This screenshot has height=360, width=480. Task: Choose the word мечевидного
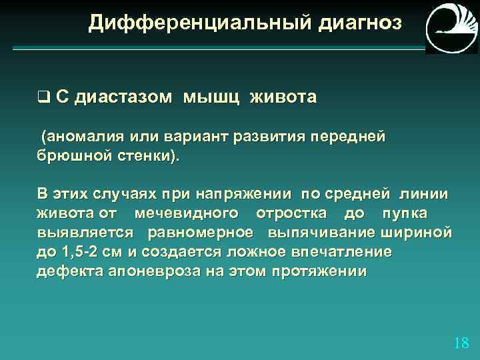[186, 214]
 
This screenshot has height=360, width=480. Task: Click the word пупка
[405, 214]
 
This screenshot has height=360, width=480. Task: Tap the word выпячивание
[321, 233]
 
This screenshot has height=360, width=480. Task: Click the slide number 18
[461, 343]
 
